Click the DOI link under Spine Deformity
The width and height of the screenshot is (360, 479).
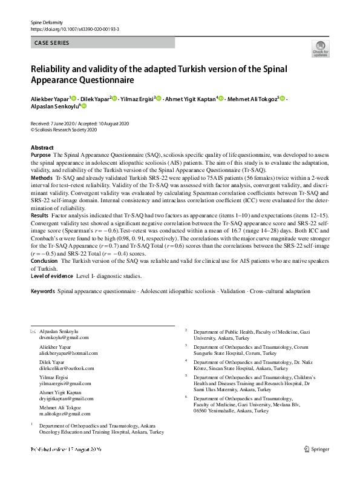pyautogui.click(x=74, y=29)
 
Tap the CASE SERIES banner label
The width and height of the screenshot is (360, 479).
pyautogui.click(x=51, y=43)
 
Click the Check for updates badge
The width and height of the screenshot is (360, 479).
pyautogui.click(x=320, y=48)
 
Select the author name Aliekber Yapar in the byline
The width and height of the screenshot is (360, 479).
pyautogui.click(x=50, y=98)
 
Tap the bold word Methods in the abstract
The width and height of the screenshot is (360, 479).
pyautogui.click(x=41, y=179)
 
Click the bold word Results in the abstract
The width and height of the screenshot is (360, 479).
pyautogui.click(x=39, y=216)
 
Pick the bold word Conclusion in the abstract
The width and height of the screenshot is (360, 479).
pyautogui.click(x=45, y=260)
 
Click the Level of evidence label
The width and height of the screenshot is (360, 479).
pyautogui.click(x=52, y=276)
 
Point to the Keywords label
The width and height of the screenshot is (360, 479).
pyautogui.click(x=42, y=291)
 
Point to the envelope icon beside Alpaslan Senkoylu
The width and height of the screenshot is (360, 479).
pyautogui.click(x=33, y=331)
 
